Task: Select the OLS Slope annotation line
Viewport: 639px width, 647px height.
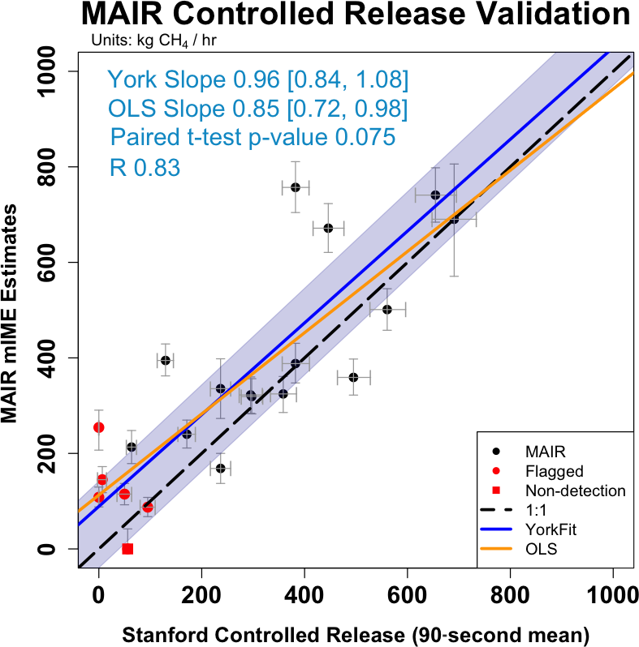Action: coord(257,109)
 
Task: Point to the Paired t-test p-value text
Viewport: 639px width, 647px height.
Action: coord(253,137)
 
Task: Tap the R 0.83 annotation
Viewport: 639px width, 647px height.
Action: coord(144,168)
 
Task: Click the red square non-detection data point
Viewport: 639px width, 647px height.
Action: coord(127,549)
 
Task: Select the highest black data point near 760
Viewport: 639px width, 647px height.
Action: coord(296,187)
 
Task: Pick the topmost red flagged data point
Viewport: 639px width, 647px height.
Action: coord(99,427)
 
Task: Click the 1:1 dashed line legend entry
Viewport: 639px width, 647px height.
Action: coord(537,511)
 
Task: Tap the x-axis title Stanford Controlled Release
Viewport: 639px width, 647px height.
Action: coord(355,632)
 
